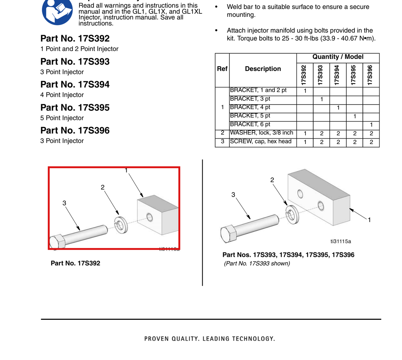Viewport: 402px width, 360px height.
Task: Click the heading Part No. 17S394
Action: tap(75, 84)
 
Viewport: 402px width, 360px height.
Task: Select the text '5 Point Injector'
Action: tap(62, 118)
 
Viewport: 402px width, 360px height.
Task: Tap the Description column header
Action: tap(263, 69)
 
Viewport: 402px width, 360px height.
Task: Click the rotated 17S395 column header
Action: tap(353, 75)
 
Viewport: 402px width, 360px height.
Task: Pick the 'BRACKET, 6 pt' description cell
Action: tap(250, 124)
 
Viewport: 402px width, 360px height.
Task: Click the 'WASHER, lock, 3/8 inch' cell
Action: tap(262, 133)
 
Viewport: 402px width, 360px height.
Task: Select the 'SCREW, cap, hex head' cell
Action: tap(261, 141)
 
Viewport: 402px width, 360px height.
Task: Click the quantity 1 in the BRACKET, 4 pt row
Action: tap(338, 108)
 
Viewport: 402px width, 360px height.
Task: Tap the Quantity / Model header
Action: tap(338, 57)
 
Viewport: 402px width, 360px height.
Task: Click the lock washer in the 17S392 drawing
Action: tap(121, 225)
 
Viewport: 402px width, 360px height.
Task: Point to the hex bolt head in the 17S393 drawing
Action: tap(228, 234)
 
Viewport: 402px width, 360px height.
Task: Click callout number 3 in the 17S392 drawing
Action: tap(64, 203)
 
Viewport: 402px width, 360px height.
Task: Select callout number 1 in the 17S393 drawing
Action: tap(369, 220)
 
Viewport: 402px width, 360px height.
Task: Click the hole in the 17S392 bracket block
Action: tap(149, 217)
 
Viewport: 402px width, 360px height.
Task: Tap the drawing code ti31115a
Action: tap(341, 241)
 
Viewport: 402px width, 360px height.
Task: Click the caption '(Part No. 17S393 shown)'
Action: tap(257, 264)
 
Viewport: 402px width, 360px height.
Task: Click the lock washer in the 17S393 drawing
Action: tap(292, 215)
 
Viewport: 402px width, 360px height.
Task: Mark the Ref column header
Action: tap(222, 69)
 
